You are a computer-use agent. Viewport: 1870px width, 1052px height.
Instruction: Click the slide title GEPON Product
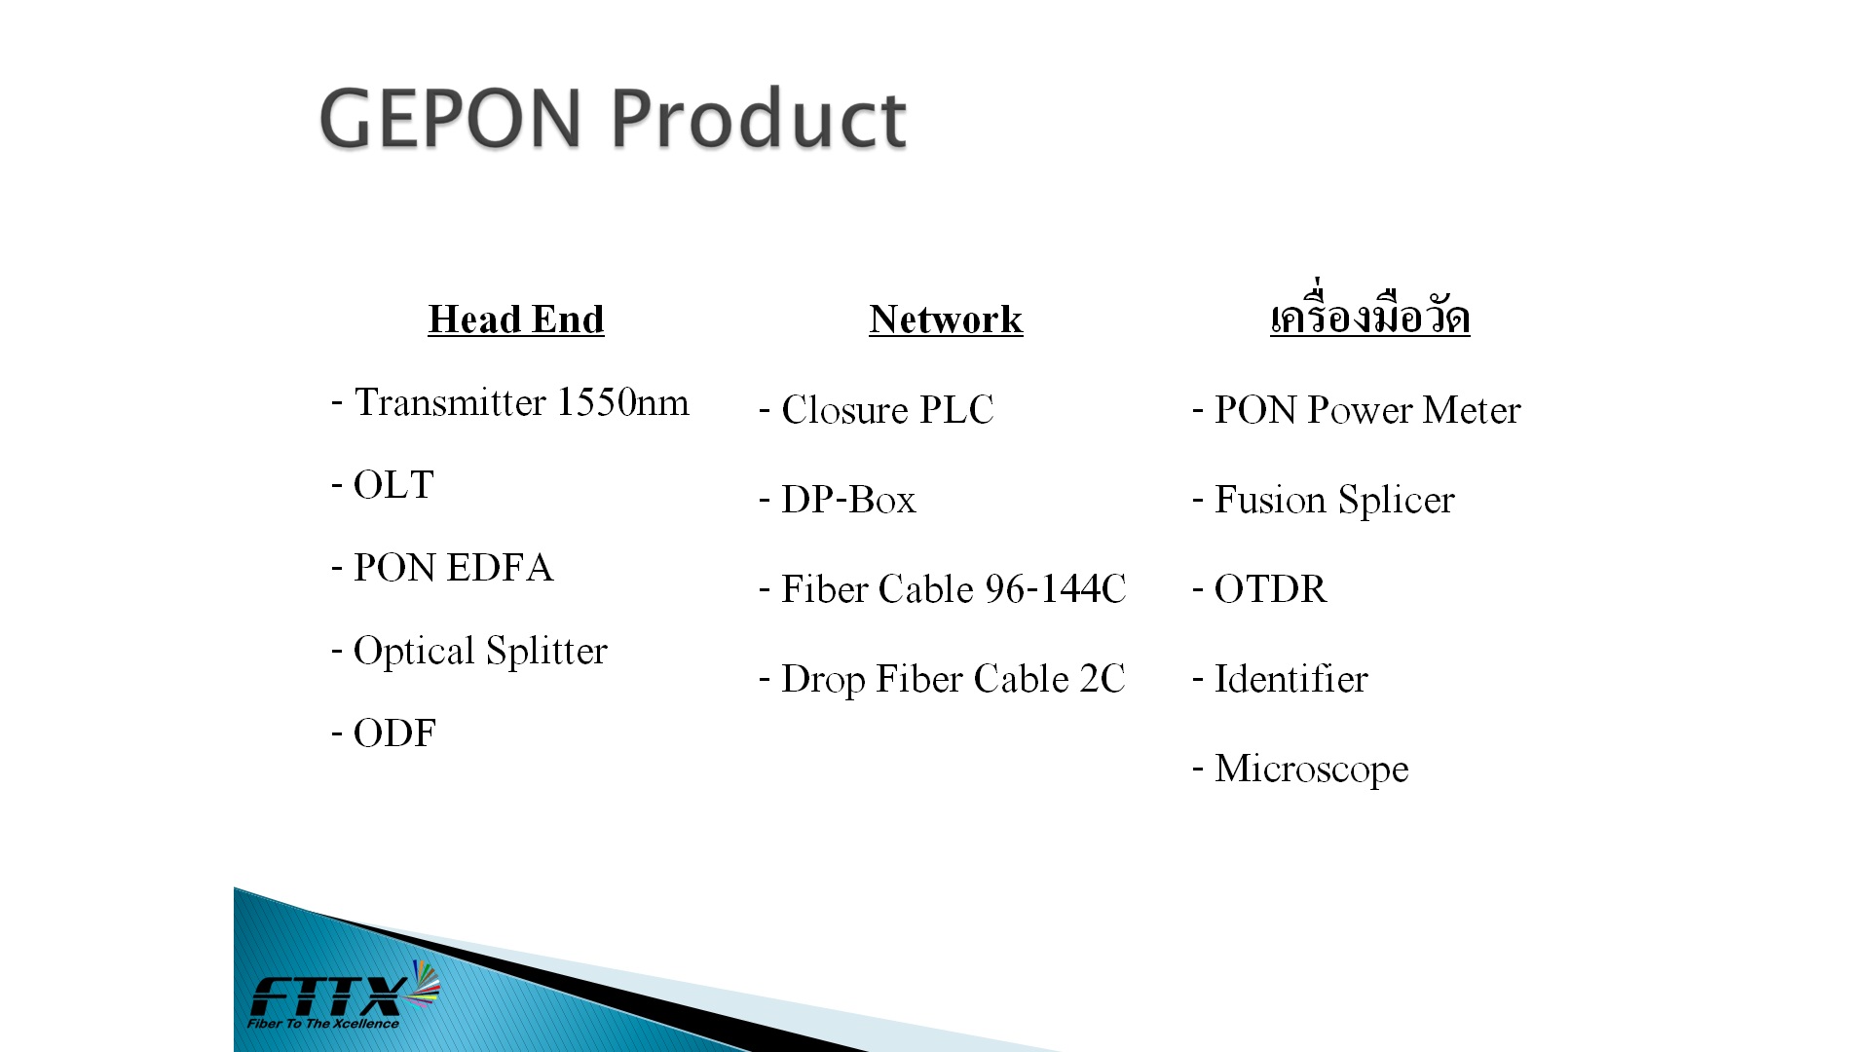[x=613, y=118]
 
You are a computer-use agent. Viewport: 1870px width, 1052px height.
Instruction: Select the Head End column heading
[x=516, y=319]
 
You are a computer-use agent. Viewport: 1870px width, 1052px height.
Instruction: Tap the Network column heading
[x=946, y=319]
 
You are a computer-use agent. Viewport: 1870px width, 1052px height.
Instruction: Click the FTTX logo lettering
[x=329, y=996]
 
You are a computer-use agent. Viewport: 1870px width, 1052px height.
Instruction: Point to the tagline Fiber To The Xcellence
[x=323, y=1024]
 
